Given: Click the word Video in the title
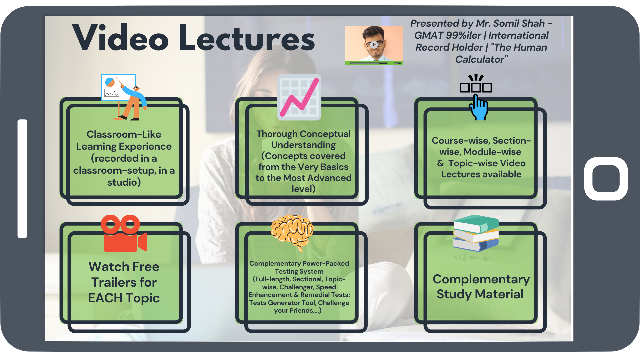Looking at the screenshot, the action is pyautogui.click(x=120, y=37).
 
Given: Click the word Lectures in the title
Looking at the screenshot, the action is pyautogui.click(x=247, y=37).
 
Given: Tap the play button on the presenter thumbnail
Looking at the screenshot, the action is pyautogui.click(x=374, y=44).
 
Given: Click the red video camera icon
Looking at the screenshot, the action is pyautogui.click(x=124, y=233).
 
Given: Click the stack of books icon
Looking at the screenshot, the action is pyautogui.click(x=476, y=233).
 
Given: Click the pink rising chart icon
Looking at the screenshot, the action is pyautogui.click(x=299, y=97).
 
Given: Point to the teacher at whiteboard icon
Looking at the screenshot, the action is pyautogui.click(x=124, y=97).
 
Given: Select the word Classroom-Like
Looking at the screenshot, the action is pyautogui.click(x=124, y=134).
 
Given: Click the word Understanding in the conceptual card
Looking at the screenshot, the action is pyautogui.click(x=303, y=145).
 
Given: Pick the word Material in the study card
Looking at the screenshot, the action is pyautogui.click(x=499, y=294).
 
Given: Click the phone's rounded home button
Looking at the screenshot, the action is pyautogui.click(x=606, y=179).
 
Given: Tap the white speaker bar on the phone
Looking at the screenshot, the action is pyautogui.click(x=22, y=179).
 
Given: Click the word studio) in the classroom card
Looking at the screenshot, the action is pyautogui.click(x=124, y=183).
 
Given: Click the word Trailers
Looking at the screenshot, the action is pyautogui.click(x=124, y=283).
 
